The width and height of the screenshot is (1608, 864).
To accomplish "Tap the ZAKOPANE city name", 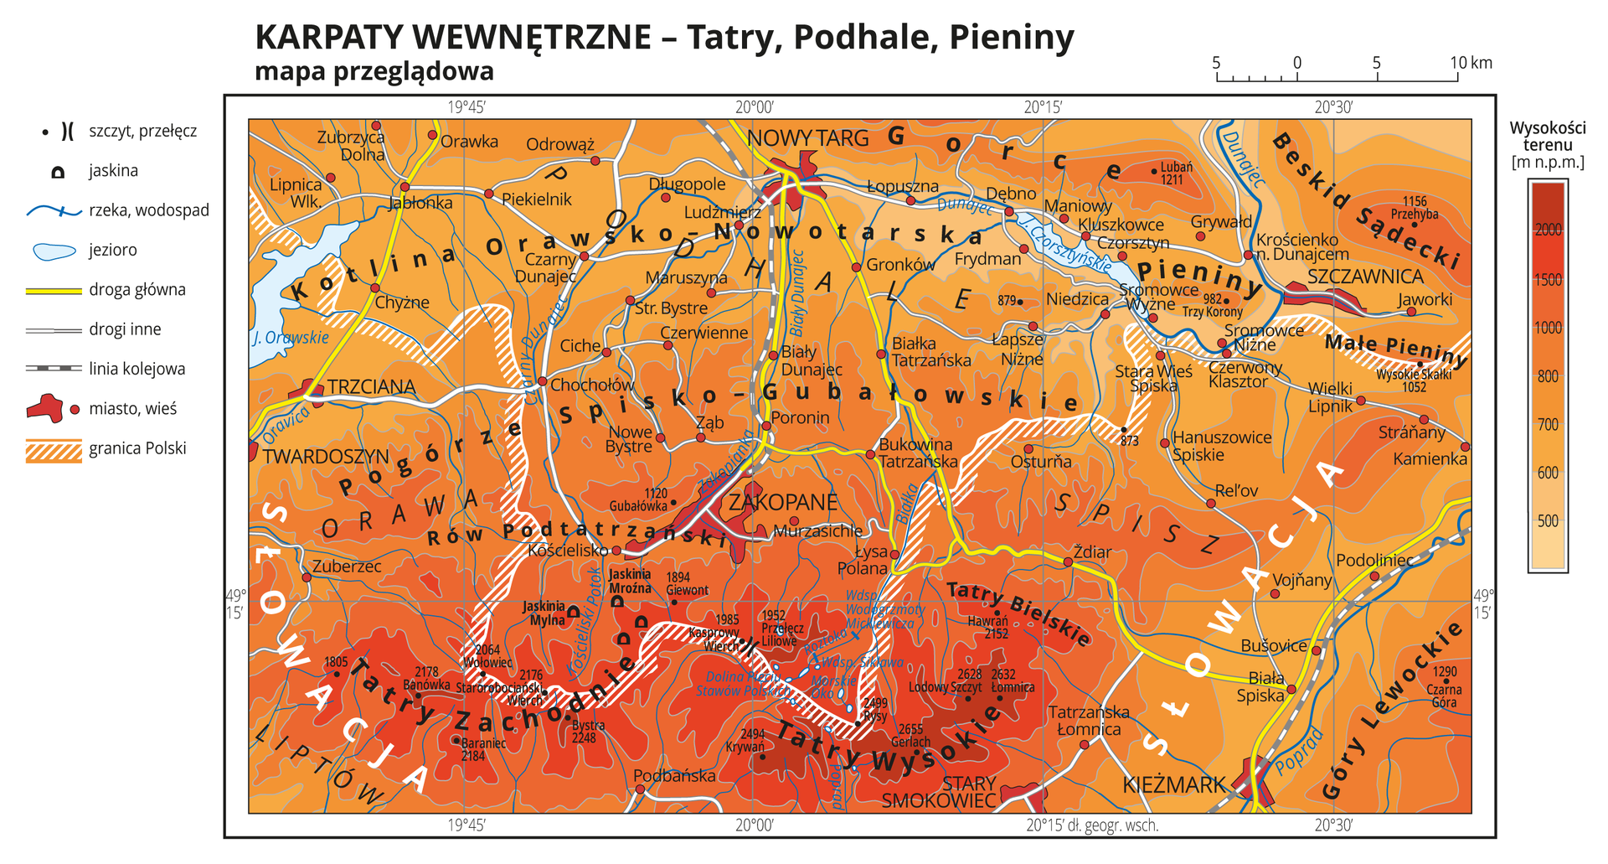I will click(782, 502).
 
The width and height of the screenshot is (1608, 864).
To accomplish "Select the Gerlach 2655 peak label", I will click(910, 736).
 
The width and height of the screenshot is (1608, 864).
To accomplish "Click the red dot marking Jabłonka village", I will click(405, 188).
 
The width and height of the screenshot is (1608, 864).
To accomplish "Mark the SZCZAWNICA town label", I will click(1364, 276).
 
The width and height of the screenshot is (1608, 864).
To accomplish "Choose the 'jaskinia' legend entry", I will click(113, 171).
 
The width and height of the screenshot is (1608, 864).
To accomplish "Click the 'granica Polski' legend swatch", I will click(54, 450).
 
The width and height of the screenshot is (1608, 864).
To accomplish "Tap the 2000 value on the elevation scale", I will click(1548, 230).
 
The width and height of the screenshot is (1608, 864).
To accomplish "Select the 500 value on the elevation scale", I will click(1548, 521).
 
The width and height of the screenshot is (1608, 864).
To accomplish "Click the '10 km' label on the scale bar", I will click(1471, 63).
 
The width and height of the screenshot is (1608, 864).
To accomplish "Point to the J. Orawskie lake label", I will click(291, 339).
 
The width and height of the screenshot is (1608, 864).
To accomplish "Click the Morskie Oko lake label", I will click(834, 688).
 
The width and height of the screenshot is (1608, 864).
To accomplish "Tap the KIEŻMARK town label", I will click(1173, 784).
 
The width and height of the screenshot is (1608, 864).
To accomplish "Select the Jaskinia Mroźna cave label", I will click(630, 581).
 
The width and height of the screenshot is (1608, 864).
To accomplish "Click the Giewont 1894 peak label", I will click(687, 584).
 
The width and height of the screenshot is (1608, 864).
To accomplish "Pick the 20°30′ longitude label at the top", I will click(1332, 107).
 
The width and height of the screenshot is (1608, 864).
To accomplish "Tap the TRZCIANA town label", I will click(371, 386).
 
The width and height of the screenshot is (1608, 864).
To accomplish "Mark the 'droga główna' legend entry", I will click(137, 290).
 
